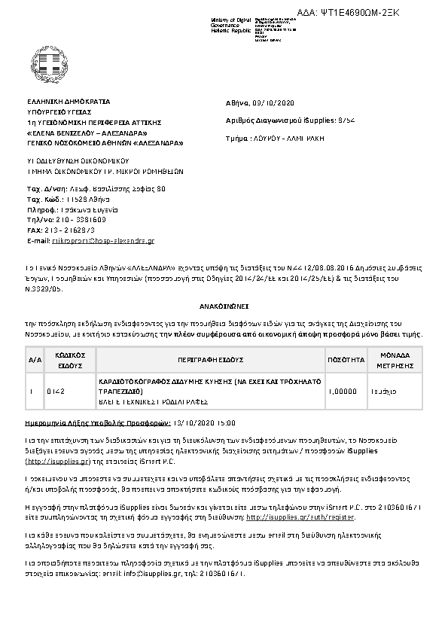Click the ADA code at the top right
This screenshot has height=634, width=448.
[x=381, y=14]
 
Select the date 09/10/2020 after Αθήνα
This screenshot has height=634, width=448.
[x=279, y=102]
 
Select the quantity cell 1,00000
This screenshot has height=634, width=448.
[x=342, y=392]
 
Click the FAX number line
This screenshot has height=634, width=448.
[x=61, y=230]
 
